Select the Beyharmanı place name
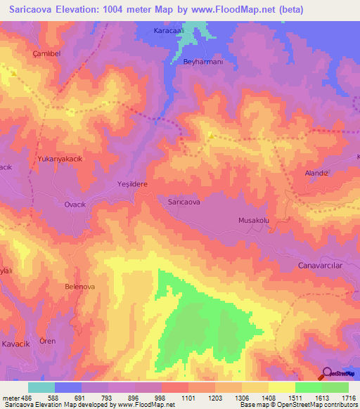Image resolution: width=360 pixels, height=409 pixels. [202, 63]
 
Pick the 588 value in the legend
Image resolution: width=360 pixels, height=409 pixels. [69, 398]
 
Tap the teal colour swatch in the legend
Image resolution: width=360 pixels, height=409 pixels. [41, 387]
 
